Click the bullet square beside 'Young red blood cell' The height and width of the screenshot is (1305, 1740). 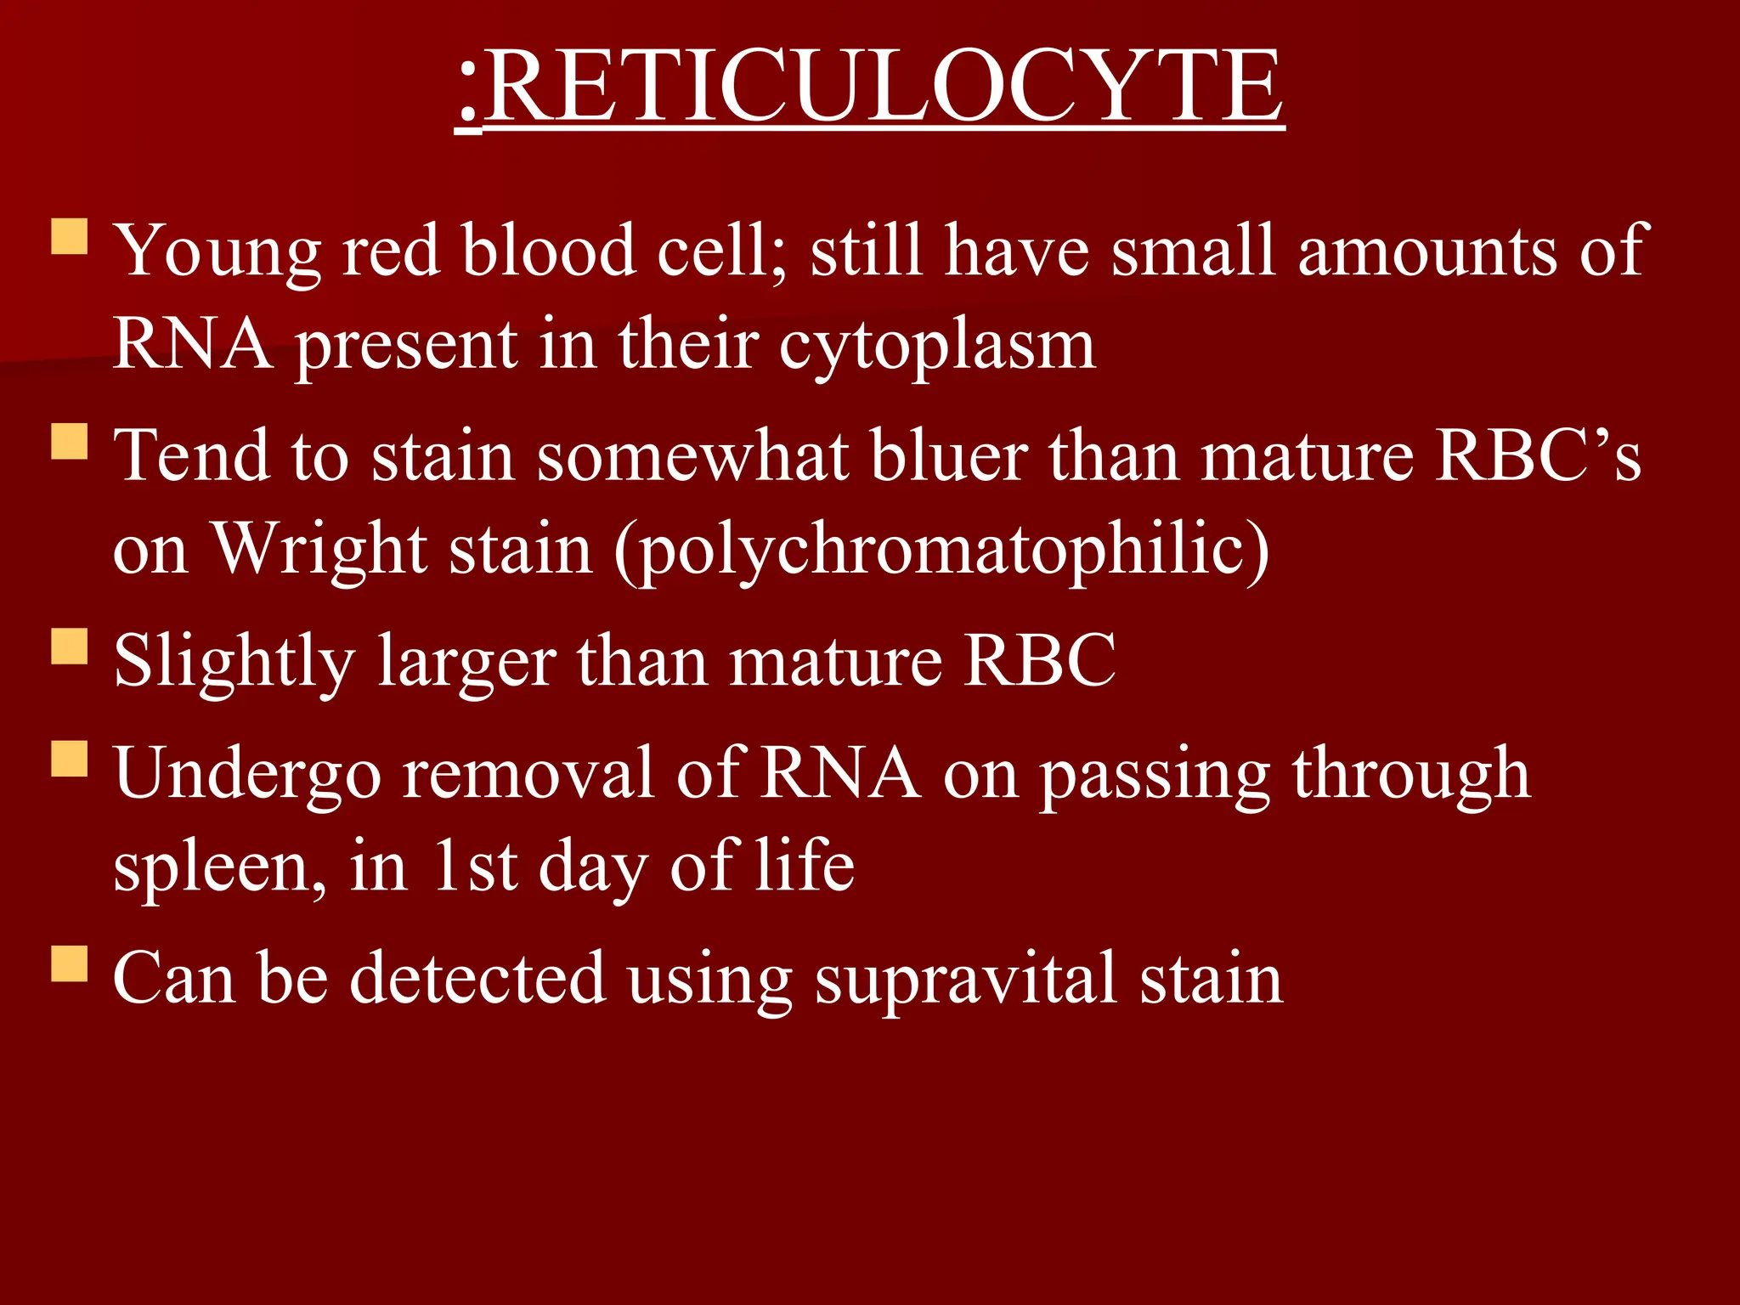click(70, 237)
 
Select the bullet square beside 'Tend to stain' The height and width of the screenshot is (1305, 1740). click(70, 442)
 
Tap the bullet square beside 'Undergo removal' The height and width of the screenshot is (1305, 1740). click(70, 759)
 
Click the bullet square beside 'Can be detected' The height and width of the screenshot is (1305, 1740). click(70, 963)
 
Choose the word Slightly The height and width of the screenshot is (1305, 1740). click(234, 663)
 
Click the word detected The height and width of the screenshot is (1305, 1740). click(477, 979)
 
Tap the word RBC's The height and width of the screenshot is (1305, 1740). click(1538, 457)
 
